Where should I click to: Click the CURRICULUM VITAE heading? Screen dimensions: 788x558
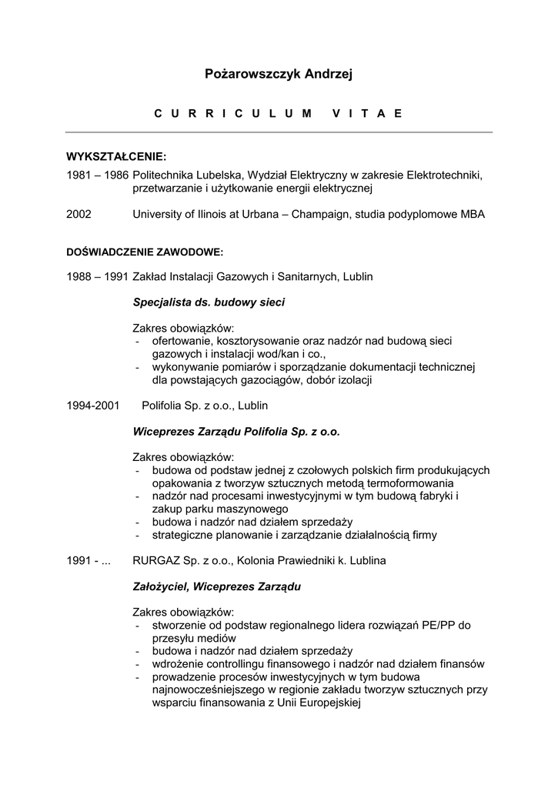(x=278, y=113)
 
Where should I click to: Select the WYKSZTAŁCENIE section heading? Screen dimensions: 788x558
(x=116, y=157)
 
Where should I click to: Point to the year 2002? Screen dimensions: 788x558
(x=79, y=215)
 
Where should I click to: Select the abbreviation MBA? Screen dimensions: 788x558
(x=473, y=215)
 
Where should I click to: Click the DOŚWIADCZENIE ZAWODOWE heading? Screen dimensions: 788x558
(x=145, y=252)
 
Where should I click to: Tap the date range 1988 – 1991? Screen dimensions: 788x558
(x=97, y=276)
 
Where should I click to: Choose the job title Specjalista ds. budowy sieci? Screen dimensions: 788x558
(x=209, y=302)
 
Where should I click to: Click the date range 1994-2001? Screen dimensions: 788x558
(x=92, y=405)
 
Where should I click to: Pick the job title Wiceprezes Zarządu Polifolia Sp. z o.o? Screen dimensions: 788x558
(x=236, y=432)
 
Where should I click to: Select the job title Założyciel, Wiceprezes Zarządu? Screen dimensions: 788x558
(x=216, y=586)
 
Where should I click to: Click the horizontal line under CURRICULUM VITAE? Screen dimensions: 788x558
(x=278, y=132)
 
